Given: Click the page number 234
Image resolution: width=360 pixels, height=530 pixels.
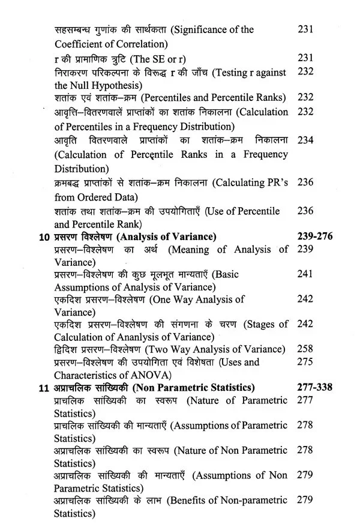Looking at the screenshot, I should (305, 140).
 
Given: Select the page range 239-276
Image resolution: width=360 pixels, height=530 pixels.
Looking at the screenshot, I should (314, 236).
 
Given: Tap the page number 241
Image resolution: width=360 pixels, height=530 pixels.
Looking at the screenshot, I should (305, 274).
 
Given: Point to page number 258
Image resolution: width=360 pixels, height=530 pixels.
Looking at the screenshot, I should (305, 349).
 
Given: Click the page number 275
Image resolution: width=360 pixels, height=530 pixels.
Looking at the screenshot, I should (305, 362).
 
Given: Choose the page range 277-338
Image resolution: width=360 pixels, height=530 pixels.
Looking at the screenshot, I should (314, 387).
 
